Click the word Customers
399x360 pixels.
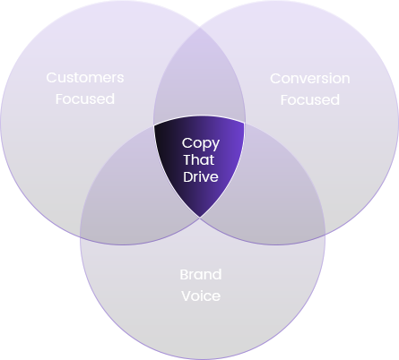(x=85, y=78)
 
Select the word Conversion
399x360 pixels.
(x=310, y=79)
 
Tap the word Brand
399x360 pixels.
(x=201, y=275)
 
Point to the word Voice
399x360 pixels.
(x=201, y=296)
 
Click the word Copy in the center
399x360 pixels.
(x=201, y=144)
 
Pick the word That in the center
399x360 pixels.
(x=199, y=159)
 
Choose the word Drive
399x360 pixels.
(x=201, y=176)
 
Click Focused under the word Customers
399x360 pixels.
(x=85, y=99)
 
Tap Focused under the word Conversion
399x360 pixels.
(x=310, y=100)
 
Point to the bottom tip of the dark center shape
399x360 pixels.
(x=200, y=218)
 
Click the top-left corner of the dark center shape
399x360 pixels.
(x=154, y=125)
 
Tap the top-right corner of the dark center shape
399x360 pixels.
(x=245, y=123)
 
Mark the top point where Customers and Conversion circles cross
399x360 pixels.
(x=200, y=28)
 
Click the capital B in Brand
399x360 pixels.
(x=185, y=275)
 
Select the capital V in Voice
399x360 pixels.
(x=186, y=296)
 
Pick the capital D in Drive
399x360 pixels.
(x=188, y=176)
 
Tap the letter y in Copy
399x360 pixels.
(x=215, y=146)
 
